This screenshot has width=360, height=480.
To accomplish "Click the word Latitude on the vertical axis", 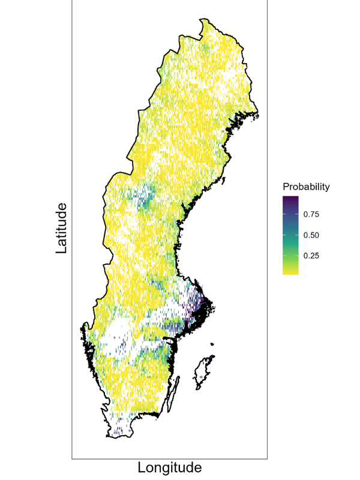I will (61, 228).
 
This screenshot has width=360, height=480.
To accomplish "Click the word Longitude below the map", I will (170, 467).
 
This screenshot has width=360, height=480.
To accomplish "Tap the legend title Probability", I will (306, 187).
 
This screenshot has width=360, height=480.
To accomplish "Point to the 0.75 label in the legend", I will (310, 214).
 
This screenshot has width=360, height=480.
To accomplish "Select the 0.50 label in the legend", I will (310, 235).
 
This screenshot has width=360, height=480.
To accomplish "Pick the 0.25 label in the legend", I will (310, 256).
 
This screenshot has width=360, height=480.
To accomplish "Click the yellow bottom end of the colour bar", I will (290, 271).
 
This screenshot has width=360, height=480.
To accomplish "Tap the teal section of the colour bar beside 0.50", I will (290, 235).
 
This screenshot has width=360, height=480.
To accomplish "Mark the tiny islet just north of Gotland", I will (212, 344).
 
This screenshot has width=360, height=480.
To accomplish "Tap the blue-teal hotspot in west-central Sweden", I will (144, 198).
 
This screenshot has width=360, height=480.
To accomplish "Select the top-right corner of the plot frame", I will (267, 1).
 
